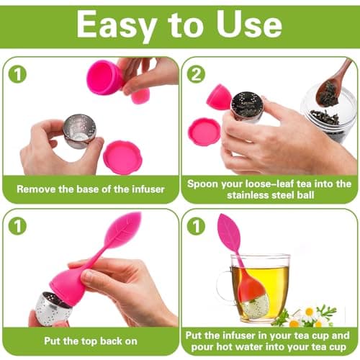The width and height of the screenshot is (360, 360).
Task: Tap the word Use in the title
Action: [249, 24]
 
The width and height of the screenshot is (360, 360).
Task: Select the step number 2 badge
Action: [196, 74]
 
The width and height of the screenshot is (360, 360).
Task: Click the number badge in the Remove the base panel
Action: [17, 74]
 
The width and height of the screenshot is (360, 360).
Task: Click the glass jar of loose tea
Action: [329, 114]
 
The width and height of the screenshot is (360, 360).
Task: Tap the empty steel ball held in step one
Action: [79, 131]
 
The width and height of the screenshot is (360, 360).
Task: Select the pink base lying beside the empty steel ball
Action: [122, 157]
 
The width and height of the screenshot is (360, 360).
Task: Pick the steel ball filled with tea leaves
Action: [247, 107]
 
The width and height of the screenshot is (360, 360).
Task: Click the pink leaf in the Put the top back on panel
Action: [123, 228]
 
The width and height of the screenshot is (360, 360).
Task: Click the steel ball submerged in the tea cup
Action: [255, 306]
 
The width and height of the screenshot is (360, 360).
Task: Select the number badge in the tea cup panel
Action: [196, 226]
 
